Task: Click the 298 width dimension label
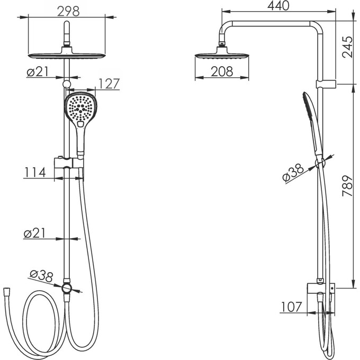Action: [x=68, y=11]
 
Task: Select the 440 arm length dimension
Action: [x=278, y=6]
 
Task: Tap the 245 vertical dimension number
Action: [x=347, y=47]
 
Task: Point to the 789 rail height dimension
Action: [x=347, y=185]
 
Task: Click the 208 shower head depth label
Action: [x=222, y=71]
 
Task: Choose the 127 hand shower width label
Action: [x=109, y=84]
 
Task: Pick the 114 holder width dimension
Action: [x=35, y=172]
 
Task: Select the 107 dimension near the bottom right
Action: [x=291, y=307]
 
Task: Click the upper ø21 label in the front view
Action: [x=38, y=72]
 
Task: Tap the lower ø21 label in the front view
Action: [x=34, y=233]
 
